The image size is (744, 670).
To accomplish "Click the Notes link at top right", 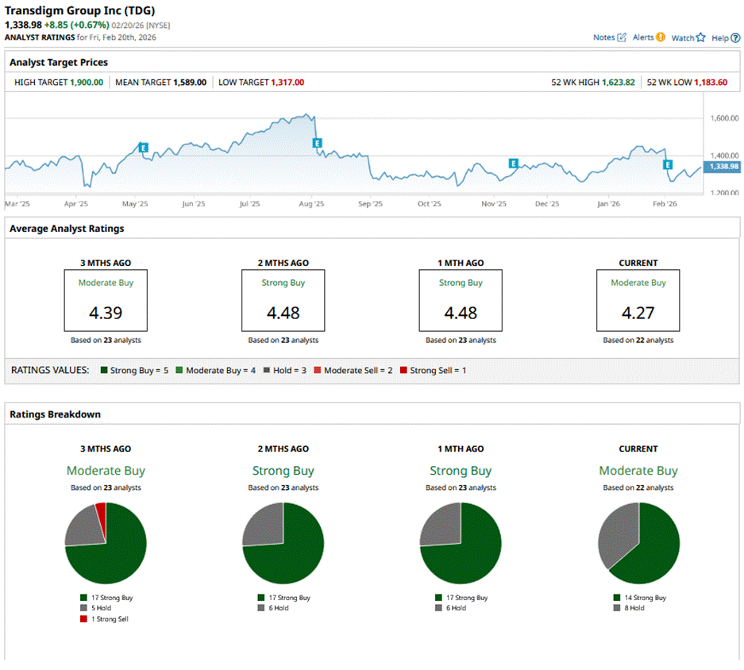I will click(x=604, y=37).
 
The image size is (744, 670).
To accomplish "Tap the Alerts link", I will click(x=643, y=37).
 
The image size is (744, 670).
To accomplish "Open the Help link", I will click(x=720, y=37).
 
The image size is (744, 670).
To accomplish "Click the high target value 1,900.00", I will click(x=86, y=82).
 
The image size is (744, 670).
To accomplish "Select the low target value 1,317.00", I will click(x=287, y=82).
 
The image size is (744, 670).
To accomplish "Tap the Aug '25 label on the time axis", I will click(x=310, y=203).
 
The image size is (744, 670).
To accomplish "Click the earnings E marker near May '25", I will click(x=144, y=148).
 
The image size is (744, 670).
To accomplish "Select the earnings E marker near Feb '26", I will click(x=668, y=165).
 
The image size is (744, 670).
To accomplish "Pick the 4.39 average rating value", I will click(x=106, y=313).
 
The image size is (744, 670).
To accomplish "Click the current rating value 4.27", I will click(x=638, y=313).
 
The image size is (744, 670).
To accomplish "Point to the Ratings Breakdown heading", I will click(x=55, y=414).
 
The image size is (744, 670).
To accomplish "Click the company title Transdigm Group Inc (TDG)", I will click(x=80, y=11).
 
